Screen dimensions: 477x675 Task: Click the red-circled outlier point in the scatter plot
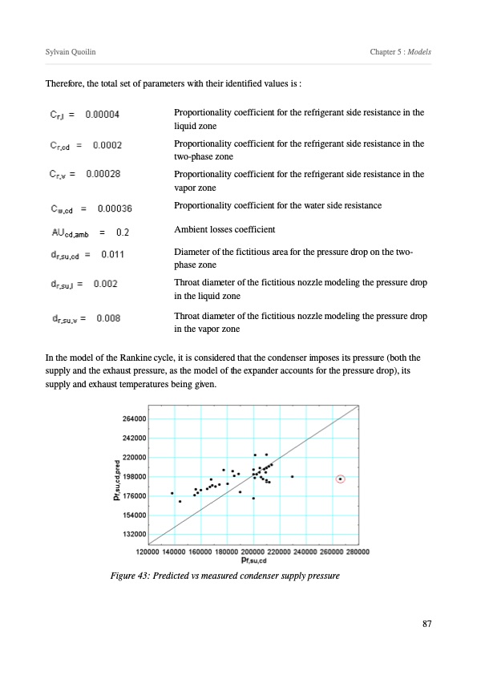point(340,479)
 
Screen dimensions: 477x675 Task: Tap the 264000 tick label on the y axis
point(135,418)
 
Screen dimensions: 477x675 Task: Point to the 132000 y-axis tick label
point(135,534)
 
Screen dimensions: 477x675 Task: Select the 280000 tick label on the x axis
point(358,552)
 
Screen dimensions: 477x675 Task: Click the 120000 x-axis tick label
point(148,552)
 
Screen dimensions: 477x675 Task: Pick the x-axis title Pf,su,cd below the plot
point(254,560)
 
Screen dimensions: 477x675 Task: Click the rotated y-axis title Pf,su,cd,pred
point(117,480)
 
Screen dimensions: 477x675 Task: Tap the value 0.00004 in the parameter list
point(102,115)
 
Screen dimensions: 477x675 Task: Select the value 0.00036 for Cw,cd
point(115,208)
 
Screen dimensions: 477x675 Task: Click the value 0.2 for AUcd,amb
point(123,232)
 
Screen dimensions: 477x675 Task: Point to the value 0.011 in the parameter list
point(113,254)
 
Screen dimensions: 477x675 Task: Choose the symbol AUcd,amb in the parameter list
point(71,233)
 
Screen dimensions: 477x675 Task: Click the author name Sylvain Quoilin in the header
point(71,52)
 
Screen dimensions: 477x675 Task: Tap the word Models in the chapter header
point(419,51)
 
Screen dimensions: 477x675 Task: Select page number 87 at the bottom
point(427,624)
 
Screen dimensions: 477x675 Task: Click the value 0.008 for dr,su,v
point(108,318)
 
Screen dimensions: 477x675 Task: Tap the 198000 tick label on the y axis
point(135,477)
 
